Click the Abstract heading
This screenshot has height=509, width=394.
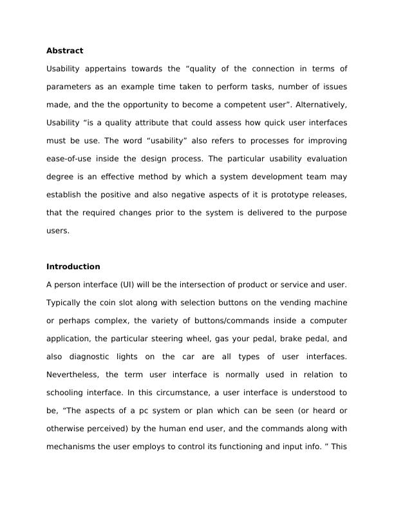point(64,50)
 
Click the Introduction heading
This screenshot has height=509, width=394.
point(73,267)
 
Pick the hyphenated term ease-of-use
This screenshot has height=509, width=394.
point(70,158)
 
